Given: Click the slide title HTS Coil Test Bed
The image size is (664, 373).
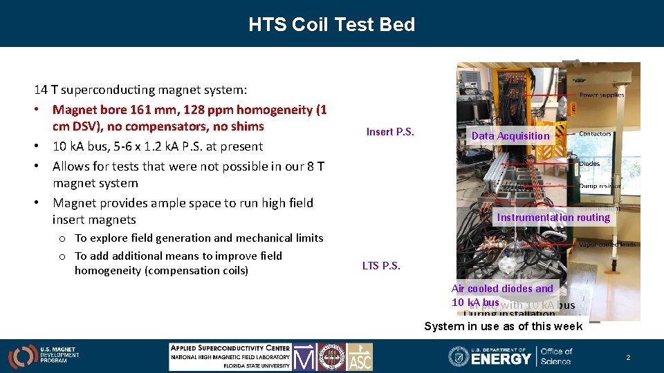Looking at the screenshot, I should point(332,25).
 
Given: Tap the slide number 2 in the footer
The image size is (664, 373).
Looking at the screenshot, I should point(628,358).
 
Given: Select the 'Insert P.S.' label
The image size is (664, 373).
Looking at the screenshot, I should point(390,132).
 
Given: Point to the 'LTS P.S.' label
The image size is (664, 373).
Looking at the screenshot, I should point(381,265).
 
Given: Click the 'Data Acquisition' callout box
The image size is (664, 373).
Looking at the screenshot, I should point(510,136).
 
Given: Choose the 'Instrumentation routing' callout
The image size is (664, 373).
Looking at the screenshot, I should point(553,218).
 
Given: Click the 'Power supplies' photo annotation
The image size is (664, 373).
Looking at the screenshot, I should point(601,95).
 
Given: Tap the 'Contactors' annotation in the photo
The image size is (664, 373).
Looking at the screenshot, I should point(594,133).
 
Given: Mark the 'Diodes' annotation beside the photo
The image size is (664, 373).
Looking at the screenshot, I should point(589,164).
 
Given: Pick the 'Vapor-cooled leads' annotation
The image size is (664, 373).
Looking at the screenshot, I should point(607,245).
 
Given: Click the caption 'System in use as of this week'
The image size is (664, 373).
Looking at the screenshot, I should point(503,326).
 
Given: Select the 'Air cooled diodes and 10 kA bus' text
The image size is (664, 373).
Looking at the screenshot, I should point(501,296).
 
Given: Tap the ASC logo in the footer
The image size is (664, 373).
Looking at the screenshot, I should point(360,356).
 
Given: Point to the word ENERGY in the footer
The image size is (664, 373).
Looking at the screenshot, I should point(501,358).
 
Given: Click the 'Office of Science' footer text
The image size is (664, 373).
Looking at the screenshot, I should point(556,356).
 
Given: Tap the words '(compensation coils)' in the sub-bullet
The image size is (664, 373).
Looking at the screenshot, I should point(196,270).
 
